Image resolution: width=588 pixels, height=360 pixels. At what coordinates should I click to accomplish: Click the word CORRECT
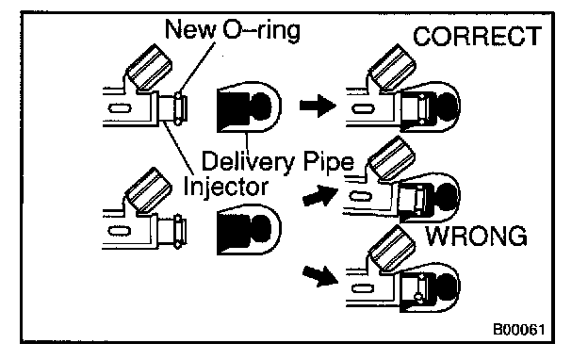(477, 37)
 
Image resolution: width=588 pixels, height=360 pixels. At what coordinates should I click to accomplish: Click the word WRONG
(476, 236)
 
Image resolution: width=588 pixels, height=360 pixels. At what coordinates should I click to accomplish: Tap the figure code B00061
(518, 329)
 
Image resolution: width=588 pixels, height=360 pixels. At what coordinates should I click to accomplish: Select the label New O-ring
(233, 29)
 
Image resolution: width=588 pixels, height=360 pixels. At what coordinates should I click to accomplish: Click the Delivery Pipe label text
(277, 162)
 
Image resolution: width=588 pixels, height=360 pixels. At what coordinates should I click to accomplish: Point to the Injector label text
(226, 187)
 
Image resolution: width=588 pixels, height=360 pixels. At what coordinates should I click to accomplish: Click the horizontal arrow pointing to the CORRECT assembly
(318, 106)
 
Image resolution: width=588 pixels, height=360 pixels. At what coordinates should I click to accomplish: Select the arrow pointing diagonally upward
(319, 195)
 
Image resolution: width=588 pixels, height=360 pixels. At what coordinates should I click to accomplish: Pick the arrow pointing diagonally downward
(319, 276)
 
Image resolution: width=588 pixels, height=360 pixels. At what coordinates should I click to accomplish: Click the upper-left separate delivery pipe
(249, 106)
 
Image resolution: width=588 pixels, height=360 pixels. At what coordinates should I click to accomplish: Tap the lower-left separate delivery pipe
(249, 229)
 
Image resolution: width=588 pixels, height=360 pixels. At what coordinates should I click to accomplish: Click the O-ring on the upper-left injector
(180, 108)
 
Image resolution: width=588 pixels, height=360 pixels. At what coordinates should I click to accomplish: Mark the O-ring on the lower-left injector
(180, 232)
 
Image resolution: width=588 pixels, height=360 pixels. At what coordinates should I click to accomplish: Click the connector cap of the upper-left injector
(149, 68)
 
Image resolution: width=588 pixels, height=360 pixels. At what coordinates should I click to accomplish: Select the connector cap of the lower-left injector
(149, 191)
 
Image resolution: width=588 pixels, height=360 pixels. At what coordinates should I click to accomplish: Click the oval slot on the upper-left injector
(120, 108)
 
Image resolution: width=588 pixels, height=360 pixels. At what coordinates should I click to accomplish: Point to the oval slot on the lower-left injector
(120, 231)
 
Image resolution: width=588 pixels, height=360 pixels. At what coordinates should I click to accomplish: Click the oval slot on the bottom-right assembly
(362, 288)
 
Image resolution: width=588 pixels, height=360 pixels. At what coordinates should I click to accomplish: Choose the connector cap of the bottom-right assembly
(391, 249)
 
